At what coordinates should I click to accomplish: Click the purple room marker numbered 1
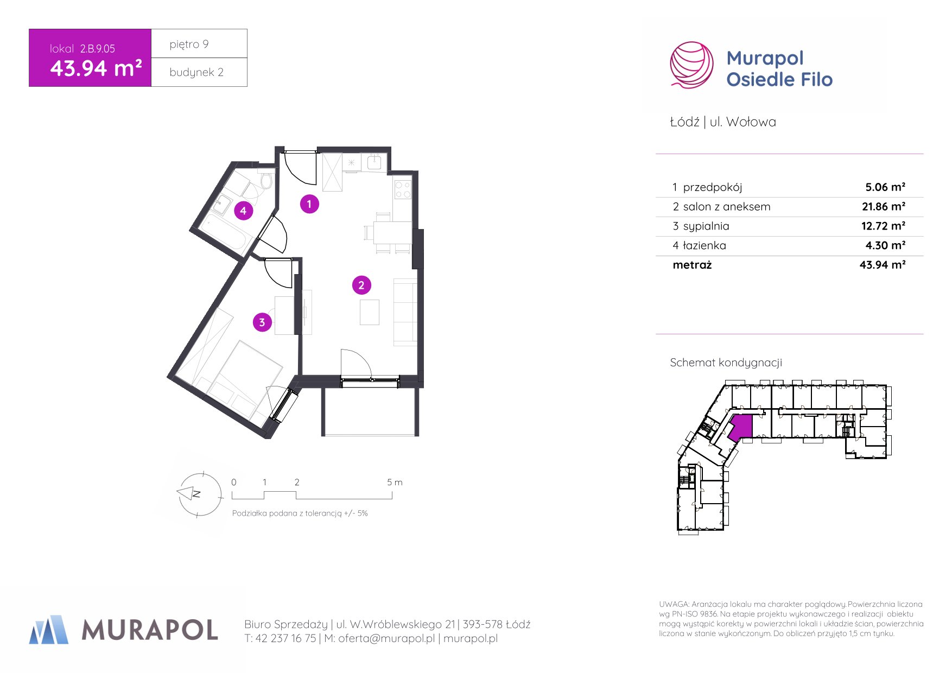[x=309, y=204]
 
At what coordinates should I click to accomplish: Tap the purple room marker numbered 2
[x=361, y=285]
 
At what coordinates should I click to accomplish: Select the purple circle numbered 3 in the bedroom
[x=262, y=322]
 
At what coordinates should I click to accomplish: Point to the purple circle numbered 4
[x=244, y=211]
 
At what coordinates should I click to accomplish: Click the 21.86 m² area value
[x=884, y=207]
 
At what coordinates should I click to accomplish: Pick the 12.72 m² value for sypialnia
[x=884, y=226]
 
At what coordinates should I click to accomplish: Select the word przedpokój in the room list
[x=713, y=188]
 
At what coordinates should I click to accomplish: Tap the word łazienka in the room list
[x=705, y=246]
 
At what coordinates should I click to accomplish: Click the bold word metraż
[x=692, y=265]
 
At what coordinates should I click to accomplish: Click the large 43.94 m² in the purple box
[x=96, y=68]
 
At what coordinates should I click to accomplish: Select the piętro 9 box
[x=199, y=43]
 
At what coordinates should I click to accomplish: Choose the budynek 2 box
[x=199, y=72]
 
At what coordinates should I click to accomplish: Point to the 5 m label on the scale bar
[x=395, y=482]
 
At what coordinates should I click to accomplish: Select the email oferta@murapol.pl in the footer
[x=386, y=639]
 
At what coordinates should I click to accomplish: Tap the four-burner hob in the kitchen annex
[x=403, y=189]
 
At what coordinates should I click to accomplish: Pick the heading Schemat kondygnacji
[x=726, y=363]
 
